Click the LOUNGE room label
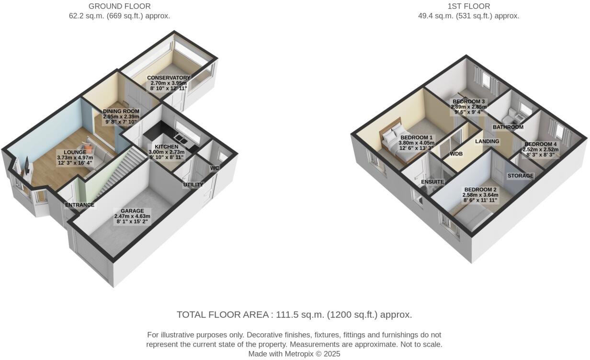coord(74,152)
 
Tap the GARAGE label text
coord(132,211)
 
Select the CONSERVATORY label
coord(168,78)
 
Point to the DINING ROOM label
coord(121,112)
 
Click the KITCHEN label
coord(166,146)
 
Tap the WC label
coord(214,168)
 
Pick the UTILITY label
coord(193,185)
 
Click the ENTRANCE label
coord(79,205)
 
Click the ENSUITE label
coord(432,182)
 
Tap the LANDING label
coord(487,141)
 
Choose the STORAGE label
coord(521,176)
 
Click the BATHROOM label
coord(508,127)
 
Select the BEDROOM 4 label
coord(541,144)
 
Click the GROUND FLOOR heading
coord(119,6)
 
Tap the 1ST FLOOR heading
coord(468,6)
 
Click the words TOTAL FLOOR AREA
coord(222,315)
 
